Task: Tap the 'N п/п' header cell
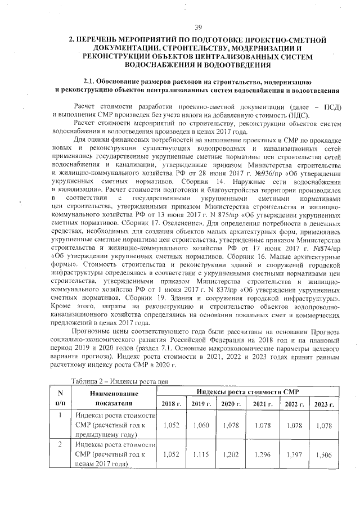(60, 398)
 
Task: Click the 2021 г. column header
(263, 404)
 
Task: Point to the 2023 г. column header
(324, 404)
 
